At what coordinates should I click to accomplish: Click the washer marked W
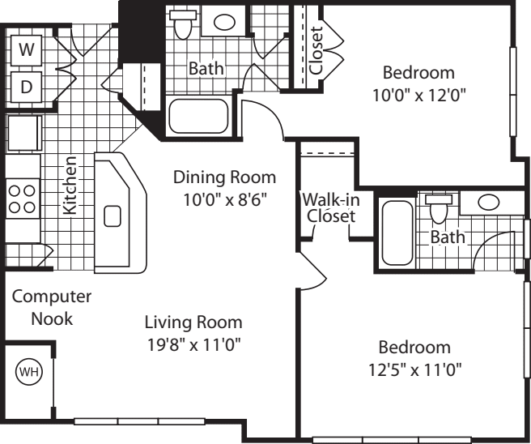27,49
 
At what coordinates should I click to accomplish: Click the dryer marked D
27,87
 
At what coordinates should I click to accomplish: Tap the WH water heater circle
29,372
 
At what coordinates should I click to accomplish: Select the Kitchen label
70,185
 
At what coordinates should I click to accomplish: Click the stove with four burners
23,199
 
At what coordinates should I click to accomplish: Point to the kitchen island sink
113,216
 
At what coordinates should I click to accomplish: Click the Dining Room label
224,177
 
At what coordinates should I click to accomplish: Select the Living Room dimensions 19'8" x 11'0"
193,345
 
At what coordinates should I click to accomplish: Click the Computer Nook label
52,307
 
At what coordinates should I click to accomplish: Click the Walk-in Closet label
331,207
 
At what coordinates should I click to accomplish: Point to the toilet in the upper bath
183,24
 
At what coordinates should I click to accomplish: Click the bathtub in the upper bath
198,116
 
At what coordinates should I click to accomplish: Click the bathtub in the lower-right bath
397,233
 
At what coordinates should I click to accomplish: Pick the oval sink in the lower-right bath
488,202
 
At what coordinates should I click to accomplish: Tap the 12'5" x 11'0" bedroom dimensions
414,369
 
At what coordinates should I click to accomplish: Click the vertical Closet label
316,50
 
